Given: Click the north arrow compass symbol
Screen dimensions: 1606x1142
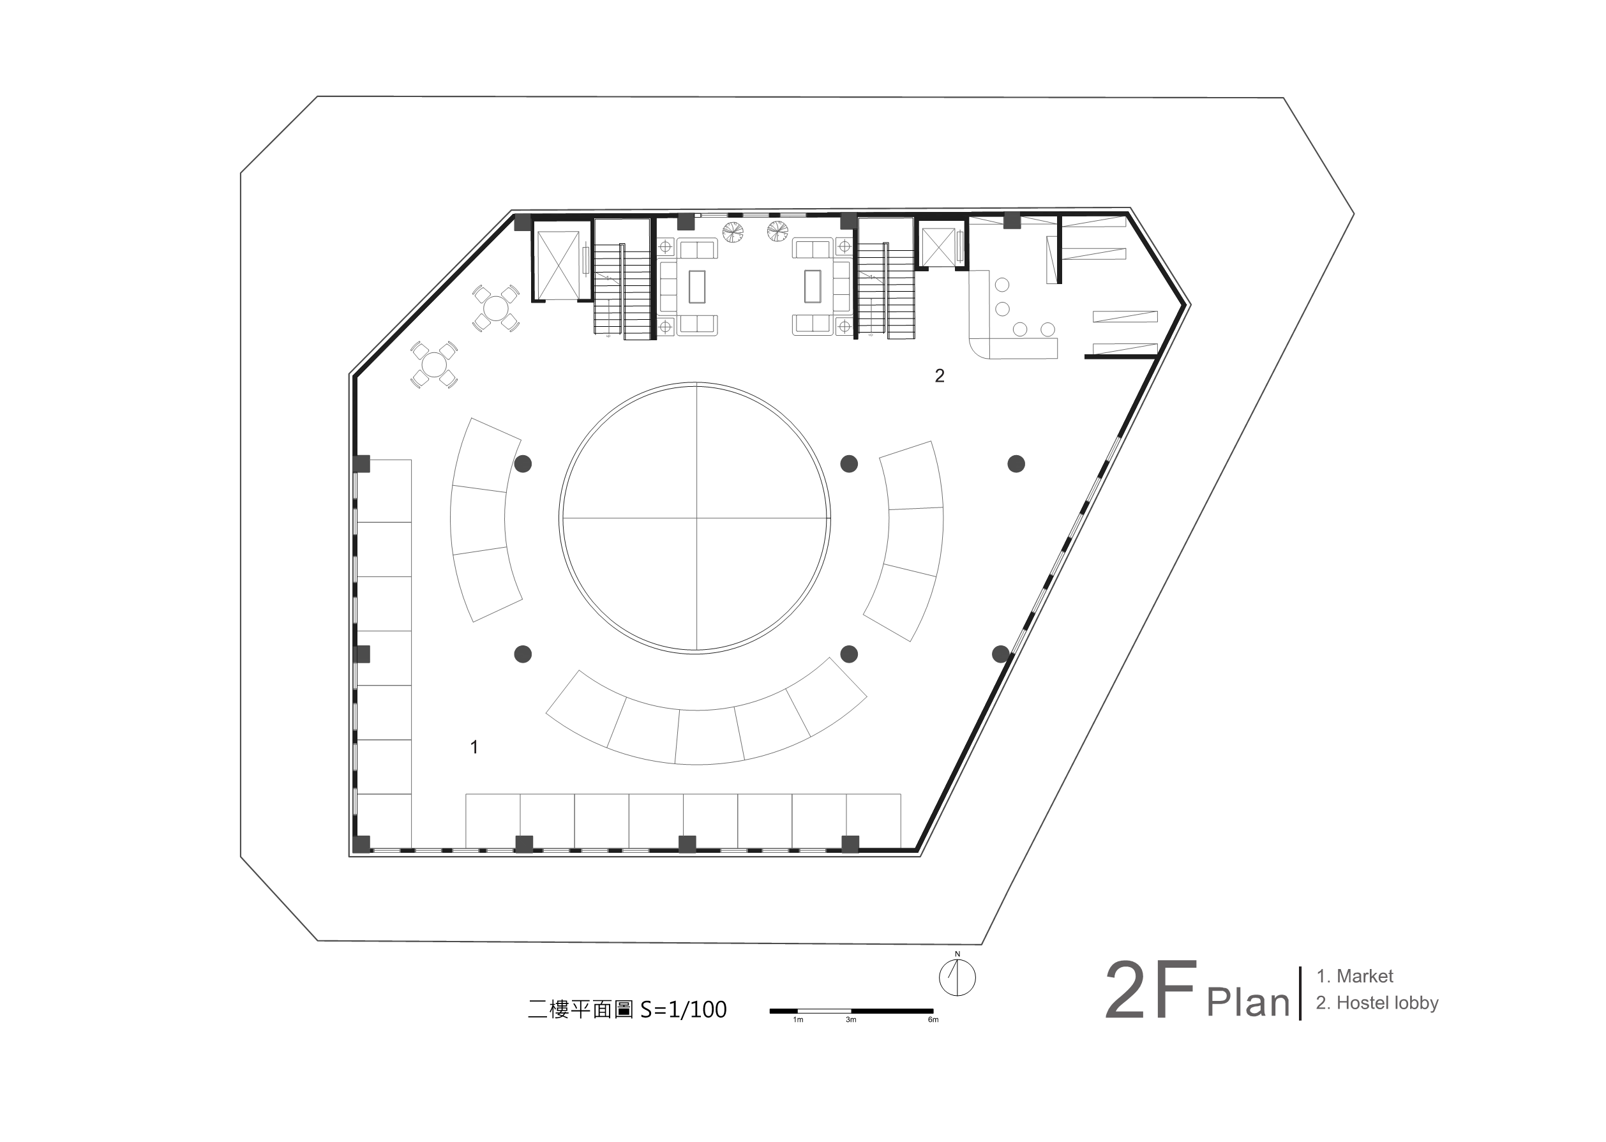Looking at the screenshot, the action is click(x=957, y=976).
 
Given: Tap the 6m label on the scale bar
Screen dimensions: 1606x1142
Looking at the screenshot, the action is click(x=933, y=1019).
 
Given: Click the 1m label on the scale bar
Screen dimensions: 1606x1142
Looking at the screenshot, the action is click(x=798, y=1019).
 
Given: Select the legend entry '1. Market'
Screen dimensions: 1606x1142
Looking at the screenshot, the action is click(x=1355, y=976).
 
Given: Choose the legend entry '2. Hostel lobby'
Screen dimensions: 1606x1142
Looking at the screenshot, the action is click(x=1377, y=1003).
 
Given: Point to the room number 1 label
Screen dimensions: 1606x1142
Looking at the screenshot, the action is click(x=475, y=747).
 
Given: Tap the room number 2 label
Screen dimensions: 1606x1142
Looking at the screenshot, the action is click(x=940, y=375).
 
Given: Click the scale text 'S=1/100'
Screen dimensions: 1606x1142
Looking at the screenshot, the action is click(x=683, y=1010).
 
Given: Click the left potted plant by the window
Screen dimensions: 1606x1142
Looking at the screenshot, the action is click(x=733, y=232).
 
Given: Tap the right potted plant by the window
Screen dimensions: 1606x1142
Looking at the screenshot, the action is click(x=777, y=230).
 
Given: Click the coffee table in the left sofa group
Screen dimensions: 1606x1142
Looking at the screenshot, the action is click(x=697, y=286).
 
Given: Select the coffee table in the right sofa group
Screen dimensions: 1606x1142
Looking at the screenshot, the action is click(x=812, y=286).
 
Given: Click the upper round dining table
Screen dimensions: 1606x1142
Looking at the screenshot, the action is click(x=496, y=308).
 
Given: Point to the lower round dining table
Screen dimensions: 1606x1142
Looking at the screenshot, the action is click(x=434, y=364).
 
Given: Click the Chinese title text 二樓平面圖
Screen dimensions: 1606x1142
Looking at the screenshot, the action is click(x=581, y=1010).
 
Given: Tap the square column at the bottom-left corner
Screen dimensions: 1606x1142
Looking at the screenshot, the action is click(x=361, y=844).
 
